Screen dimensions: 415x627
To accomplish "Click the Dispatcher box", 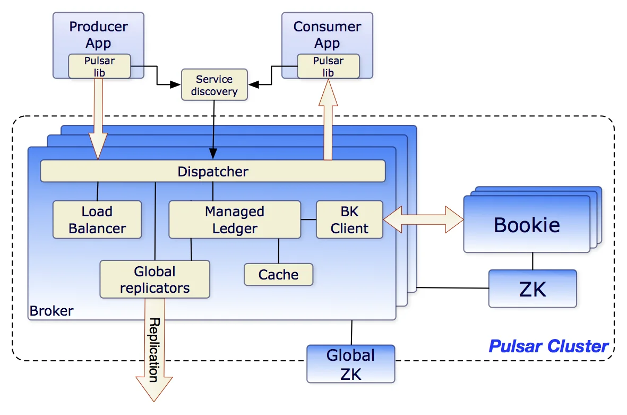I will pyautogui.click(x=212, y=171).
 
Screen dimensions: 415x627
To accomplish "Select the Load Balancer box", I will pyautogui.click(x=97, y=219).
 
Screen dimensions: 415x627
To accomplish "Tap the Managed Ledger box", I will pyautogui.click(x=234, y=219).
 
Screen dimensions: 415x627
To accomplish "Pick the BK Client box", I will pyautogui.click(x=349, y=219).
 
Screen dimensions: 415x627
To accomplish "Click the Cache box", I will pyautogui.click(x=278, y=274).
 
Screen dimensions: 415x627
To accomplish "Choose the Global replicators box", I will pyautogui.click(x=154, y=280).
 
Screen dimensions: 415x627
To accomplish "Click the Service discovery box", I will pyautogui.click(x=214, y=85).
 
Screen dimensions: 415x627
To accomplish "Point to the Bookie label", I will pyautogui.click(x=527, y=224).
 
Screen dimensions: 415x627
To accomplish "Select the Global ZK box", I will pyautogui.click(x=350, y=364).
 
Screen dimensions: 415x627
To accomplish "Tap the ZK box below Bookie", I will pyautogui.click(x=532, y=289).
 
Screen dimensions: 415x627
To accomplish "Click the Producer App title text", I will pyautogui.click(x=98, y=34).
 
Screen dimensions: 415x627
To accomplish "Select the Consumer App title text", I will pyautogui.click(x=327, y=34).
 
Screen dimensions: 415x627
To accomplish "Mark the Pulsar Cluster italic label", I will pyautogui.click(x=548, y=346).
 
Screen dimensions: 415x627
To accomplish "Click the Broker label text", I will pyautogui.click(x=51, y=311).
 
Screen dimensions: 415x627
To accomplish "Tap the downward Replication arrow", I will pyautogui.click(x=154, y=351).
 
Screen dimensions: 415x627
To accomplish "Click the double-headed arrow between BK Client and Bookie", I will pyautogui.click(x=423, y=219).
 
